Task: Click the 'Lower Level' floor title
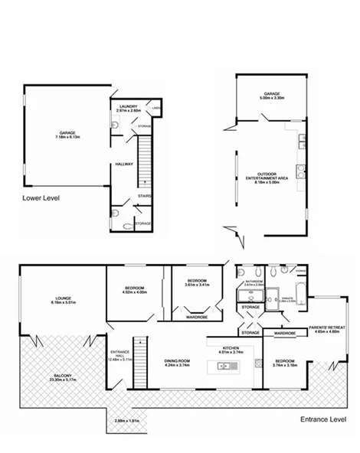41,197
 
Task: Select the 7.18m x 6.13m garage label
67,135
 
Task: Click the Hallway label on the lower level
124,164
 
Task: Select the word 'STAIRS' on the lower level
144,197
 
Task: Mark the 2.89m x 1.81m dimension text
126,421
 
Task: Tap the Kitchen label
231,350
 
